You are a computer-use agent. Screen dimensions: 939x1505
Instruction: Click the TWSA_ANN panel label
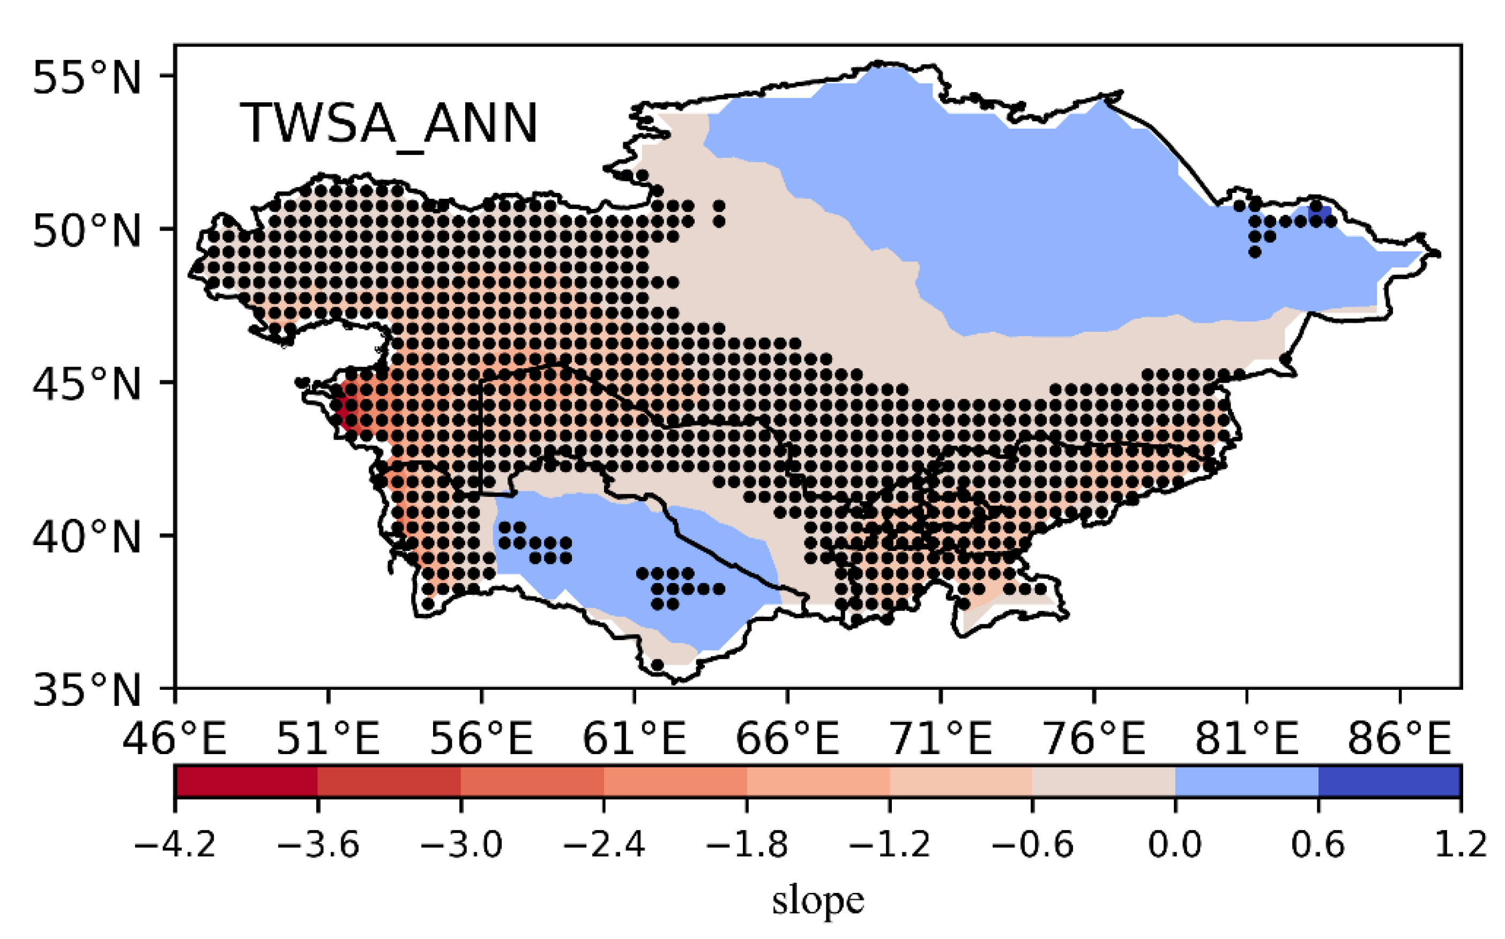click(389, 124)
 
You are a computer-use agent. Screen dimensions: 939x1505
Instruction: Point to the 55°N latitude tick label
click(87, 78)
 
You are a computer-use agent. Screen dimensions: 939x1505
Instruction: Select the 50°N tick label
click(87, 231)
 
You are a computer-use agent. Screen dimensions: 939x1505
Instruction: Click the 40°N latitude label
click(87, 537)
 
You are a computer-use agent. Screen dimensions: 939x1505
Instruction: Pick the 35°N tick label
click(87, 690)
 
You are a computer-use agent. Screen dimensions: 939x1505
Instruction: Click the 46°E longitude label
click(175, 739)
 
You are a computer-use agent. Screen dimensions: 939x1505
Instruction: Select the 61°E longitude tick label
click(634, 739)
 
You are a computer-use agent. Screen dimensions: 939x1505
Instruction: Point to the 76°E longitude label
click(1093, 739)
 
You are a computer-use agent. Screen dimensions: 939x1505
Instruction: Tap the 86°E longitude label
click(1399, 739)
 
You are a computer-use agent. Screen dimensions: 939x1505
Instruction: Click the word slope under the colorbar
click(818, 900)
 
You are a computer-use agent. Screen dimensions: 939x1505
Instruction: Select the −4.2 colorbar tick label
click(175, 845)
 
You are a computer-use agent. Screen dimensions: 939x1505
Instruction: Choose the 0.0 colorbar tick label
click(1175, 845)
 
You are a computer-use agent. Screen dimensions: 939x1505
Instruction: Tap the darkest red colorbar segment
click(247, 781)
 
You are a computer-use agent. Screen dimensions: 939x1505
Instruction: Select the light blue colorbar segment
click(1247, 781)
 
